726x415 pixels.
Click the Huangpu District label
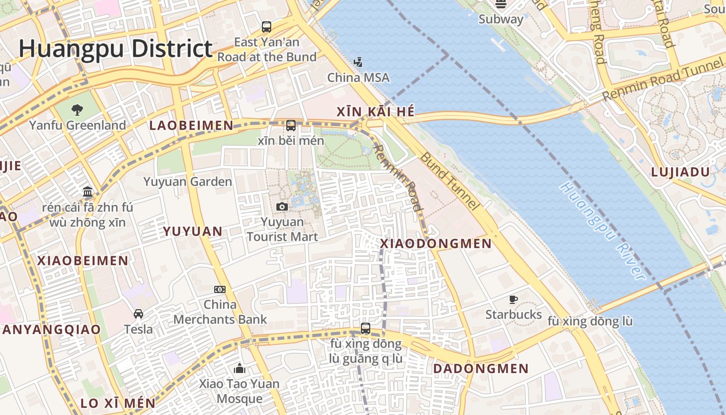tap(116, 49)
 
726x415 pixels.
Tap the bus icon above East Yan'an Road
tap(267, 27)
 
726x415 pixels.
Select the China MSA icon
tap(358, 63)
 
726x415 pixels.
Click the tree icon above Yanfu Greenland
tap(77, 109)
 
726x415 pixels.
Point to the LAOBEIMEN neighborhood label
tap(191, 126)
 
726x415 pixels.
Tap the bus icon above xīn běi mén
tap(291, 126)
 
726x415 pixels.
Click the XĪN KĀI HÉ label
tap(375, 112)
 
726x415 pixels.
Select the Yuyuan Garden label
tap(188, 182)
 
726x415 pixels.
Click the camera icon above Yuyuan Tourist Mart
tap(282, 207)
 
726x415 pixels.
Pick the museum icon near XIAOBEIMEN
tap(88, 192)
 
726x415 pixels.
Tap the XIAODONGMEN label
tap(436, 243)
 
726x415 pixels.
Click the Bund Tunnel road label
tap(449, 181)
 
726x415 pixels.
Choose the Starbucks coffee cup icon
tap(513, 299)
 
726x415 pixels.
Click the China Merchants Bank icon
tap(220, 289)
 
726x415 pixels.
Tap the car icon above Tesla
tap(138, 314)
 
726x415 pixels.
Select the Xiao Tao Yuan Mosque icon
tap(240, 368)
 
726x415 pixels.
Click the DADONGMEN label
tap(481, 369)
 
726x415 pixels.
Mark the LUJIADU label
tap(680, 172)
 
